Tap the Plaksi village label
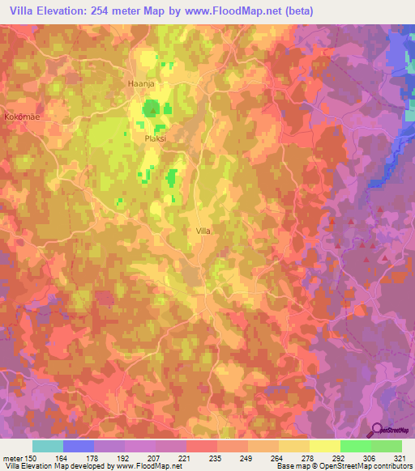(x=155, y=138)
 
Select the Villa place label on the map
(x=203, y=231)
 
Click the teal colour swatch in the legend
(x=48, y=446)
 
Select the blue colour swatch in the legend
(x=79, y=446)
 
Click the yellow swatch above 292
(x=325, y=446)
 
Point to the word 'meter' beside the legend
(x=15, y=458)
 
